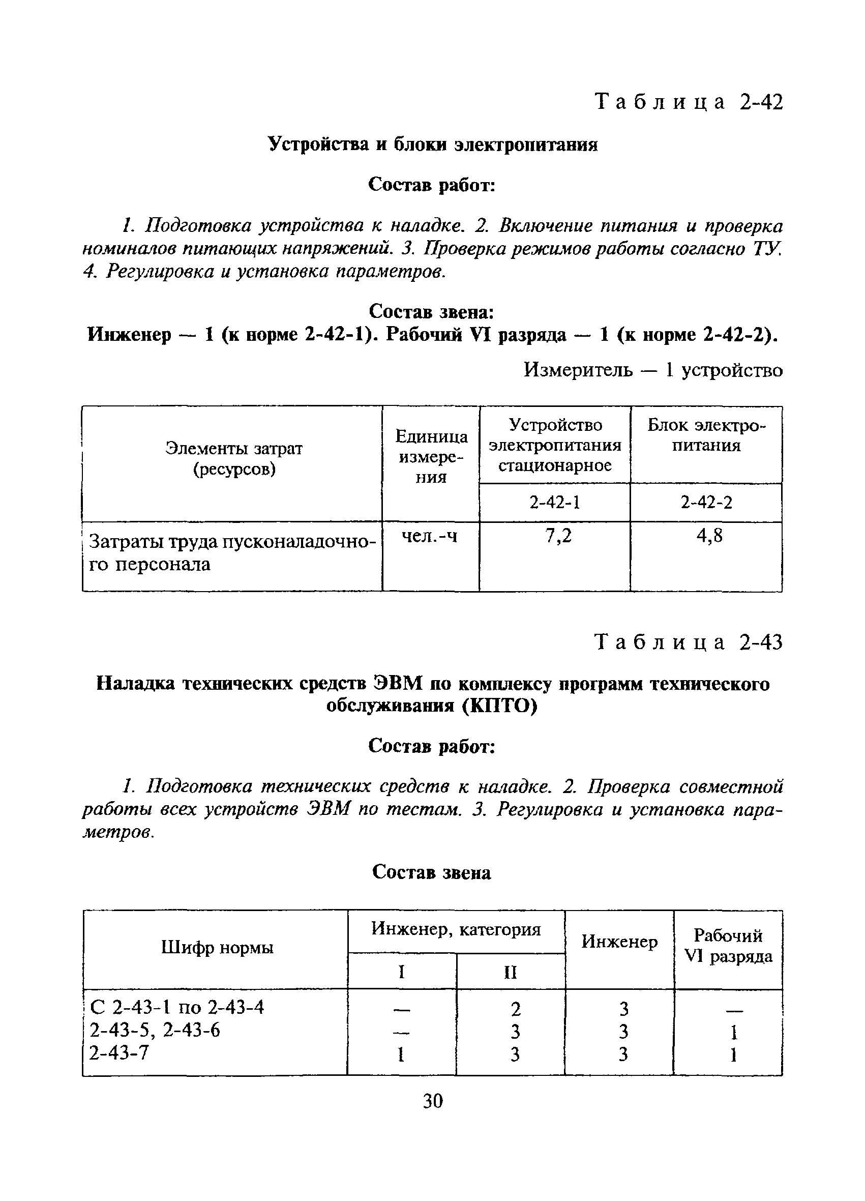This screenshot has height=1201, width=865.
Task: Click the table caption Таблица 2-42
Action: click(688, 102)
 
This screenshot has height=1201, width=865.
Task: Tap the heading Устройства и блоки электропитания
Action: click(432, 144)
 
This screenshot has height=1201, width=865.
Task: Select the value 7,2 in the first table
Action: click(558, 537)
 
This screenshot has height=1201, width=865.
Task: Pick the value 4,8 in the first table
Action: click(709, 537)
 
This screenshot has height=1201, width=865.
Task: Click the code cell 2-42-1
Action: click(554, 502)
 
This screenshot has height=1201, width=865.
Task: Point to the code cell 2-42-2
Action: click(706, 502)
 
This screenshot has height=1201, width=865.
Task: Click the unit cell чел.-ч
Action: click(429, 537)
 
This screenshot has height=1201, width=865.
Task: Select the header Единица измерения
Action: click(431, 456)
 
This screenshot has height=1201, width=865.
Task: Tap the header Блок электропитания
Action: click(706, 435)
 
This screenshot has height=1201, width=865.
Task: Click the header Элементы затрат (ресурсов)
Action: click(233, 459)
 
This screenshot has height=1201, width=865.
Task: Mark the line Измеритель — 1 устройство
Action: click(653, 370)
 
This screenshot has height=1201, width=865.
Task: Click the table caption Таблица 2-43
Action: click(688, 642)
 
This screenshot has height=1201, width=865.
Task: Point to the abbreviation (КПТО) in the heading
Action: click(500, 706)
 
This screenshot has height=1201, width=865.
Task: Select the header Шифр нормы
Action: click(217, 947)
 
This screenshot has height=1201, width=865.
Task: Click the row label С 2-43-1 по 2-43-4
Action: click(177, 1007)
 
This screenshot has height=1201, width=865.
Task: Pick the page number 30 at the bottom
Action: click(432, 1101)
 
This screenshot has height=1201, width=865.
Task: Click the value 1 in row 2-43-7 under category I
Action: click(401, 1055)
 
